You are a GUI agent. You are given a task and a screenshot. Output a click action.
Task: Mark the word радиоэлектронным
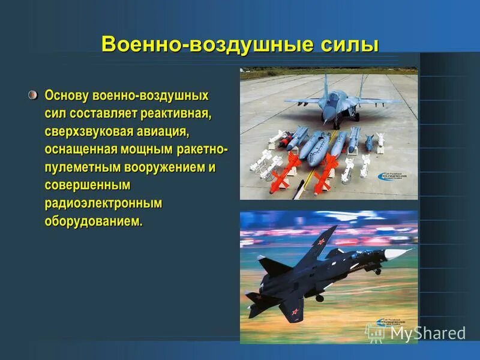point(103,203)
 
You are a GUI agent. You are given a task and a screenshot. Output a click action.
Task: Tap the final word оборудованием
point(94,221)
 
